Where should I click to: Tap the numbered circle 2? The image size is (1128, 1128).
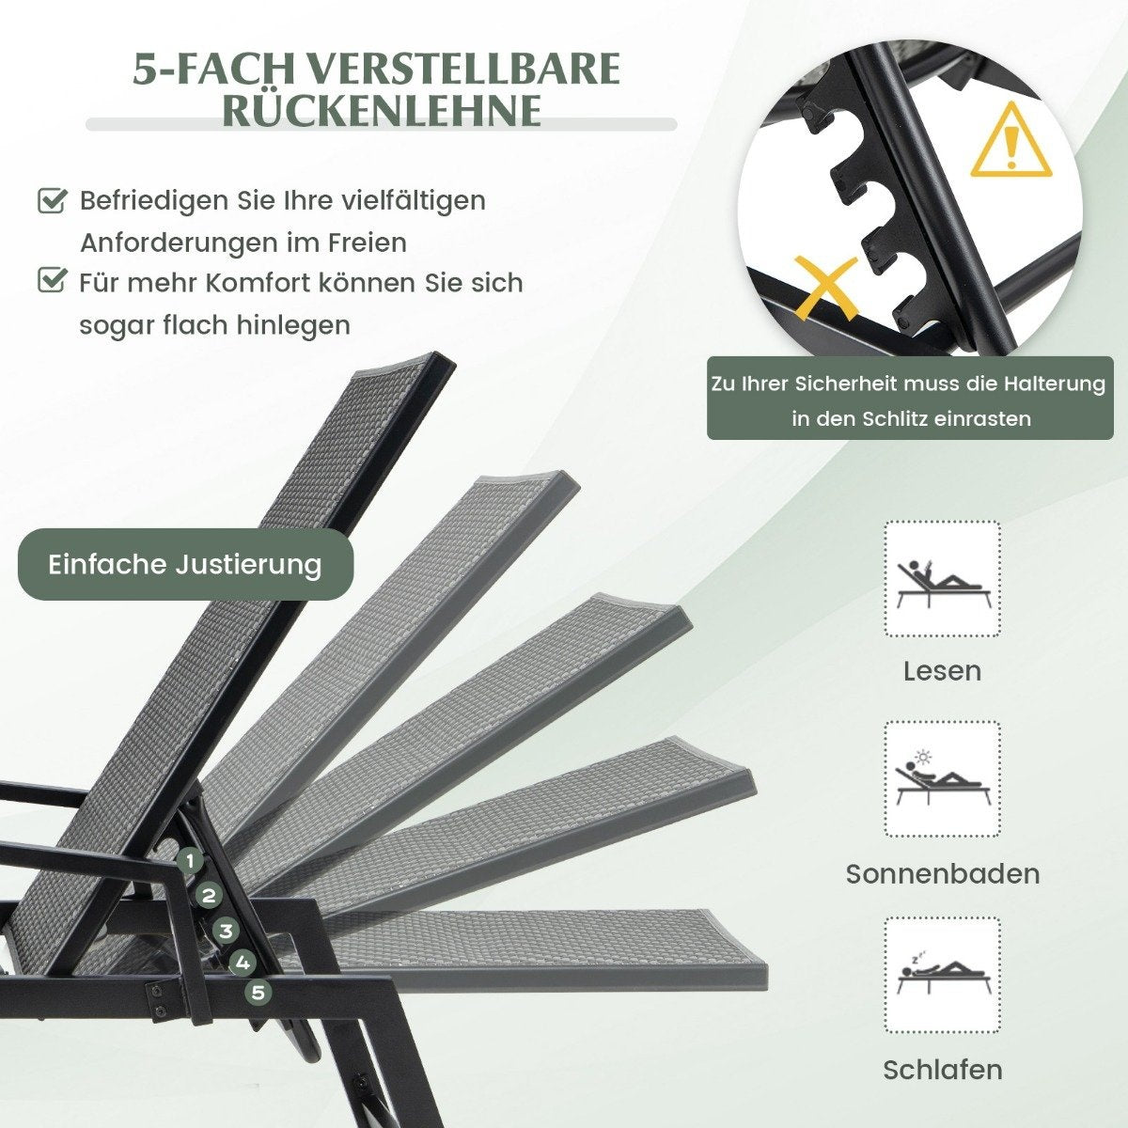tap(208, 896)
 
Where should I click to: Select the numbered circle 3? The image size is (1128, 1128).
tap(226, 931)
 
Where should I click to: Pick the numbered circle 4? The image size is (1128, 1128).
tap(243, 963)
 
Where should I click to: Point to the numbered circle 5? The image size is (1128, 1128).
tap(258, 993)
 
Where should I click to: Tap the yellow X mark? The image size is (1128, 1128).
tap(824, 288)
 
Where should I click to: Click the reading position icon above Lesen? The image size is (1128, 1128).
tap(942, 578)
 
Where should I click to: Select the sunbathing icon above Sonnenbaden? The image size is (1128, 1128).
tap(942, 778)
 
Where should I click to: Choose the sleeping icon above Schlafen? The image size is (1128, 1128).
tap(942, 975)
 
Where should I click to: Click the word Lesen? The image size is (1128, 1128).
tap(942, 671)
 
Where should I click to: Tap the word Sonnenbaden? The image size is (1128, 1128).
tap(943, 874)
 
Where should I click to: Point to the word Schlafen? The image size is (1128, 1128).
tap(943, 1070)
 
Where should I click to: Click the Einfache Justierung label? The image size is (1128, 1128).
tap(185, 564)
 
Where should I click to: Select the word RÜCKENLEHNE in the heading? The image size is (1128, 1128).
tap(382, 109)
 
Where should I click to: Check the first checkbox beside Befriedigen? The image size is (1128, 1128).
tap(52, 201)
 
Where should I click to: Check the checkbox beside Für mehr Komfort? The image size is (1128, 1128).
tap(52, 280)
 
